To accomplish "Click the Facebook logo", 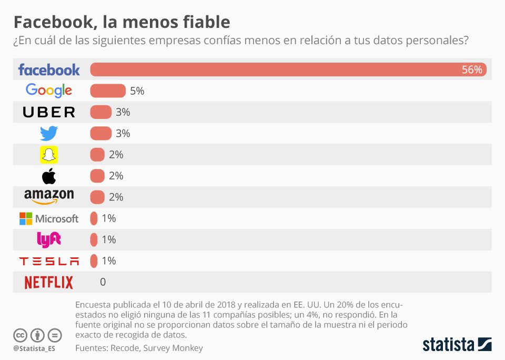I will [x=49, y=69].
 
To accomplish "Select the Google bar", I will [x=108, y=91].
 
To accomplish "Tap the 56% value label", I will [x=471, y=70].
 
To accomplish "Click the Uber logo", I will [x=49, y=112].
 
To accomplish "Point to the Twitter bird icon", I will [x=49, y=133].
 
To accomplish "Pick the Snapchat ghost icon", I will [x=49, y=155].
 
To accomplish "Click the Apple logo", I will [x=49, y=176].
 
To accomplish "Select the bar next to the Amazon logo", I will [x=97, y=197].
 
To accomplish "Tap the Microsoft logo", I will [x=49, y=218].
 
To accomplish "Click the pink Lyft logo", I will [x=49, y=239].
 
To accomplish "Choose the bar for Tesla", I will [x=94, y=261].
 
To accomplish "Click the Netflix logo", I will [x=49, y=283].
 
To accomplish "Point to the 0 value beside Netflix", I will [x=103, y=282].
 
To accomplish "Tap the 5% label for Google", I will [x=137, y=91].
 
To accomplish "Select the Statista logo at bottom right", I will [x=457, y=345].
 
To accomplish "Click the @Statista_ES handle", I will [x=34, y=348].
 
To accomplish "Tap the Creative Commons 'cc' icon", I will [x=21, y=335].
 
